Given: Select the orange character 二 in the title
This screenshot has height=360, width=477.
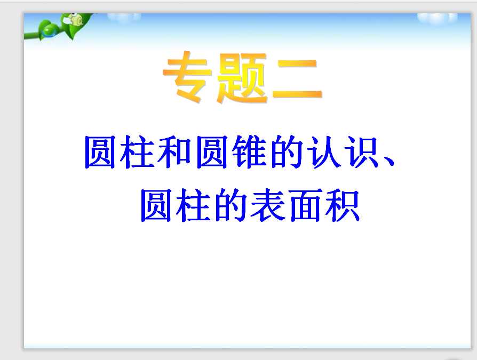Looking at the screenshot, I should click(297, 80).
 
